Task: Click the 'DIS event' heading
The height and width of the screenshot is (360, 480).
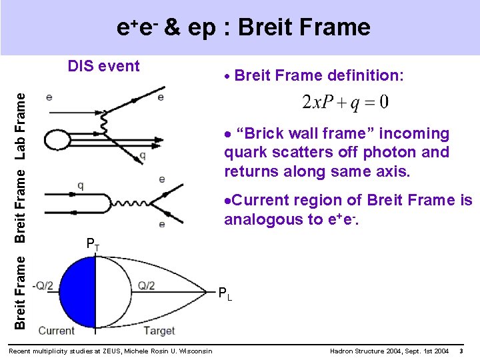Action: click(104, 66)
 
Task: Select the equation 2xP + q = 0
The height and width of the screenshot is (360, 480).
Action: click(345, 103)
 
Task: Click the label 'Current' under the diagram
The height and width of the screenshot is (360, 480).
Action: click(57, 330)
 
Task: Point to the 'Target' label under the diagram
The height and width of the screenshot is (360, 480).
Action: click(159, 330)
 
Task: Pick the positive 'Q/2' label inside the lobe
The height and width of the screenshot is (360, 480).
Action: click(147, 286)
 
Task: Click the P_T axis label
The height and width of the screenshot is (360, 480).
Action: click(93, 245)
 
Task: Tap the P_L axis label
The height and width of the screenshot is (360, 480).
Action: click(226, 293)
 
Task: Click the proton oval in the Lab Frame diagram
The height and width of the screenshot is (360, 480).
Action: click(57, 139)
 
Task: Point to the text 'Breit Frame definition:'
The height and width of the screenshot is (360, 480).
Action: click(319, 75)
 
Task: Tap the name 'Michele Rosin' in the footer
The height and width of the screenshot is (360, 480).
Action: click(155, 351)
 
